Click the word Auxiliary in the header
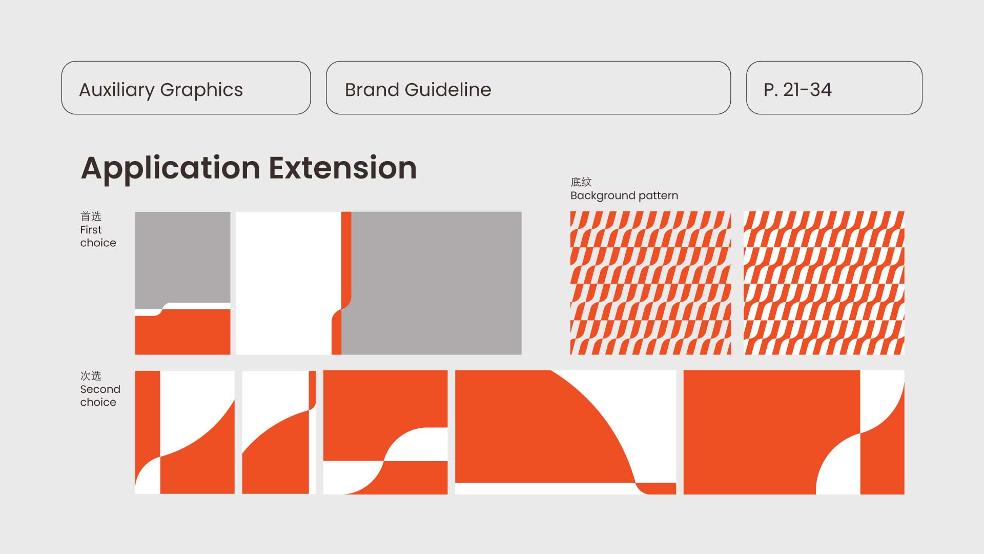(x=116, y=90)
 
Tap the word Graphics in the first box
(x=201, y=90)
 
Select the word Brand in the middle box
(x=372, y=90)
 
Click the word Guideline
(x=448, y=90)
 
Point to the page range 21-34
(x=807, y=90)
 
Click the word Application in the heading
(x=171, y=169)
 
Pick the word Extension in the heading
(x=343, y=168)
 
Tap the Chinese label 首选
(x=91, y=216)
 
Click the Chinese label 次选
(x=91, y=375)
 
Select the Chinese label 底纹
(x=581, y=182)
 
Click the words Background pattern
(x=624, y=196)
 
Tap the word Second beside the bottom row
(x=100, y=389)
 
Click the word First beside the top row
(x=91, y=230)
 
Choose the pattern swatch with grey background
(x=651, y=283)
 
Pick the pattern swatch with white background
(x=824, y=283)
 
